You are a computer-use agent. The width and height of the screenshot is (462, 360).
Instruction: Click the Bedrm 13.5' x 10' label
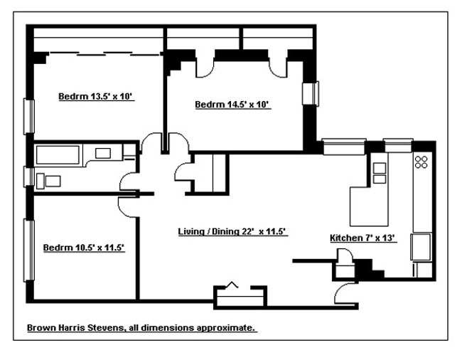[96, 97]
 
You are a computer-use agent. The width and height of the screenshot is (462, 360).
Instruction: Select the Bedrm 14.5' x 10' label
[234, 105]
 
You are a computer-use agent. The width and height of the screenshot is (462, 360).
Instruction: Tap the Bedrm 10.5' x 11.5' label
[84, 248]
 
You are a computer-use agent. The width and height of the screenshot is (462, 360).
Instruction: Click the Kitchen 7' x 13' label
[362, 238]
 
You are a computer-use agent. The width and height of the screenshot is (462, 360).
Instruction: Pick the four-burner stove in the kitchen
[421, 162]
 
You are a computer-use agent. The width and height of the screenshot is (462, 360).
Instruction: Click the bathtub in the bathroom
[58, 154]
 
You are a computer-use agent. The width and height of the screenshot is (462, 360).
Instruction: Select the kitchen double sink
[380, 173]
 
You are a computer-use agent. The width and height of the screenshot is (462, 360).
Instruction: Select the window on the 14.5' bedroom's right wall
[311, 94]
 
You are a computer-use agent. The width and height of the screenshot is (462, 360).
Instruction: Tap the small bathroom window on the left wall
[30, 176]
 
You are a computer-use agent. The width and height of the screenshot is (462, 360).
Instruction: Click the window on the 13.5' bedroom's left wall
[30, 115]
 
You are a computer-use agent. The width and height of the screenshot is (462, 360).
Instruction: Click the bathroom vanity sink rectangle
[102, 152]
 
